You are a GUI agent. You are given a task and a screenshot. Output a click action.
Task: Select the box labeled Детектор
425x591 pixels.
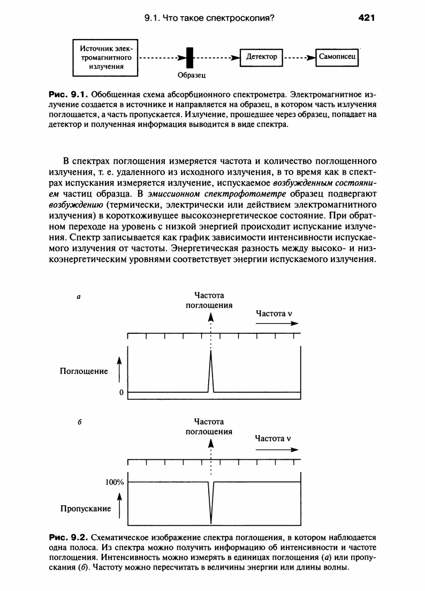click(x=261, y=56)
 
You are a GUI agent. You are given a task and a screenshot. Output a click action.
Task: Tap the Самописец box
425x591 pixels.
click(x=338, y=56)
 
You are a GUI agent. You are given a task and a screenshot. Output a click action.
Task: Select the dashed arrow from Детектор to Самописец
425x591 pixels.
click(x=299, y=57)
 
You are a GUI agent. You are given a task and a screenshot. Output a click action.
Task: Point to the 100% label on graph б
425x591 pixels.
click(x=115, y=482)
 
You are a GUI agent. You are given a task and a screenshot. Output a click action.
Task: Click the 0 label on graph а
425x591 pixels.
click(x=122, y=393)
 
